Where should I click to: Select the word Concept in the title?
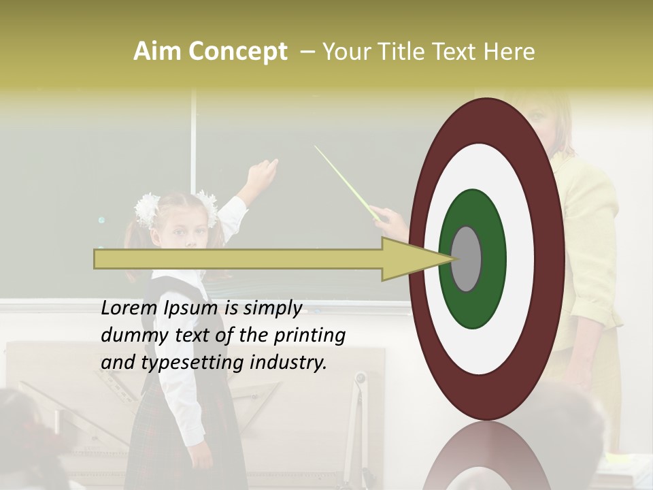click(x=237, y=52)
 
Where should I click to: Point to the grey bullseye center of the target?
click(x=467, y=259)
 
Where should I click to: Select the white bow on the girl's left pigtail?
click(x=146, y=208)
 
